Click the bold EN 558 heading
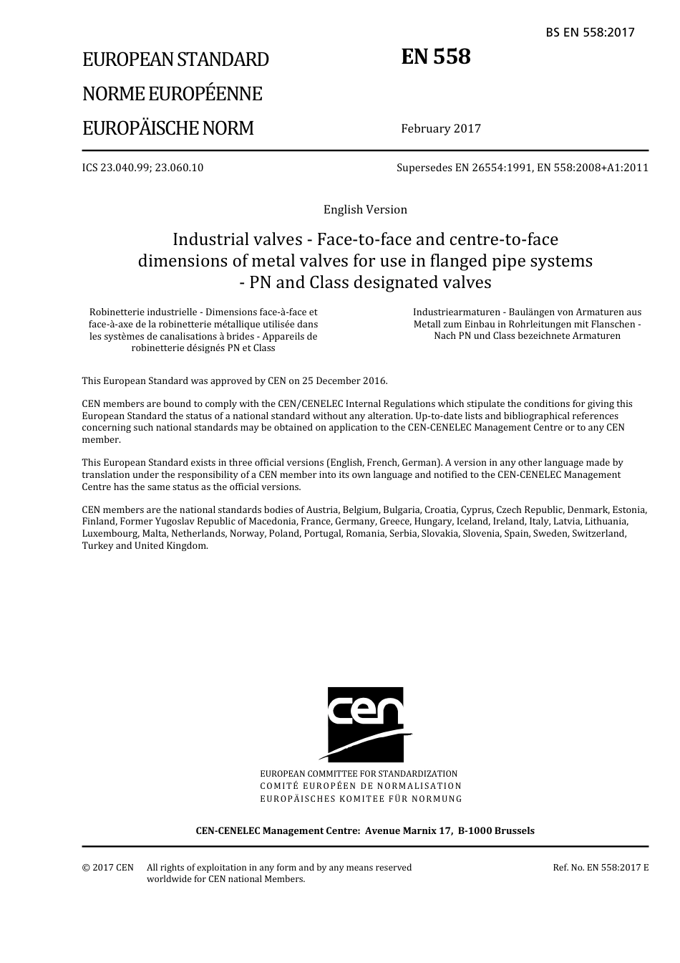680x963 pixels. tap(435, 57)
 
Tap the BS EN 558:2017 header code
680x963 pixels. tap(590, 32)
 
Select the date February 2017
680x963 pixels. tap(441, 129)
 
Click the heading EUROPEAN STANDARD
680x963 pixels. tap(175, 59)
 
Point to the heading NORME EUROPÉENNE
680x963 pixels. tap(172, 94)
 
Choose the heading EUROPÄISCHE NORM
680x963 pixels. tap(168, 129)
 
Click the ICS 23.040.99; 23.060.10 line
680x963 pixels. tap(142, 168)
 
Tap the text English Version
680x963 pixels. tap(365, 210)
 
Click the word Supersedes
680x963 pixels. tap(424, 168)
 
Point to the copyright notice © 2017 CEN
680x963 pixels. tap(108, 868)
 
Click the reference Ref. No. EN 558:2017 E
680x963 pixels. tap(601, 868)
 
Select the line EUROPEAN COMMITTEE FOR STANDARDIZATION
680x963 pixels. tap(359, 774)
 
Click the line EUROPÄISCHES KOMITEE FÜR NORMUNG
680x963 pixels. tap(361, 799)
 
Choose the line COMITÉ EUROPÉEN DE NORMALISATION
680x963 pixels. tap(361, 786)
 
